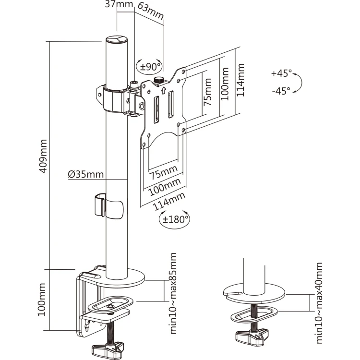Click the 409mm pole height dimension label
click(43, 156)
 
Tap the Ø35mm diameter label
click(85, 174)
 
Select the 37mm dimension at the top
click(119, 4)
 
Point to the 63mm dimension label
click(150, 12)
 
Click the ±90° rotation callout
click(150, 67)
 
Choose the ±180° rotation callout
click(175, 219)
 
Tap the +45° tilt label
click(281, 73)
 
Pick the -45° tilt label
click(281, 91)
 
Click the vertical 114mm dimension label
click(240, 80)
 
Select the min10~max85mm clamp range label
click(173, 293)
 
